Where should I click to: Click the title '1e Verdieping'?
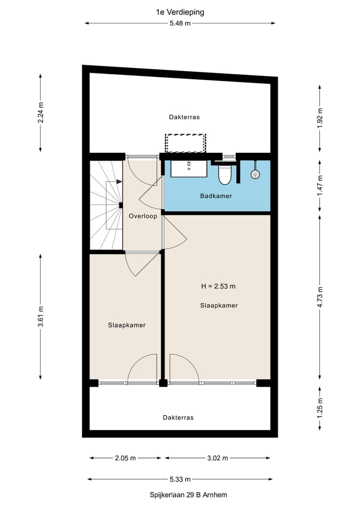pyautogui.click(x=179, y=12)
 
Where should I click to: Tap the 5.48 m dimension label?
pyautogui.click(x=179, y=23)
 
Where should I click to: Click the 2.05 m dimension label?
pyautogui.click(x=125, y=458)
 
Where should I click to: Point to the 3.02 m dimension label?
pyautogui.click(x=217, y=458)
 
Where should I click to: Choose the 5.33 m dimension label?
pyautogui.click(x=179, y=479)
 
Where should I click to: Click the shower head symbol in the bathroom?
pyautogui.click(x=255, y=174)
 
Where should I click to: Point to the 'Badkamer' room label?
pyautogui.click(x=216, y=196)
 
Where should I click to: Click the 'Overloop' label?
pyautogui.click(x=143, y=216)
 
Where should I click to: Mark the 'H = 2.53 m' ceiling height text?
pyautogui.click(x=218, y=286)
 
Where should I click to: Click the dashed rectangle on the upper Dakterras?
pyautogui.click(x=185, y=143)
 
